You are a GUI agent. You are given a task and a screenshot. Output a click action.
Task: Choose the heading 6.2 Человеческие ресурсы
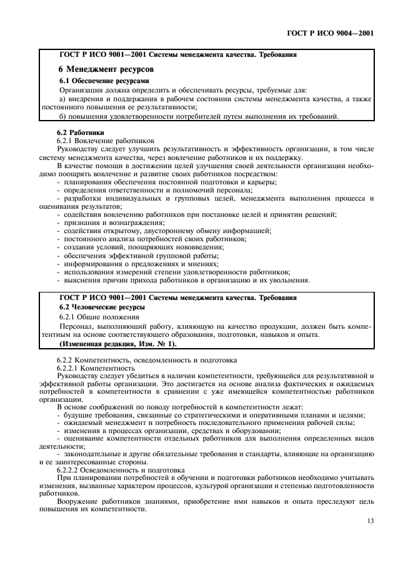[x=102, y=307]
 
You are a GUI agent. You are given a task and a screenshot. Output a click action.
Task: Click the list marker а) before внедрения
[x=62, y=99]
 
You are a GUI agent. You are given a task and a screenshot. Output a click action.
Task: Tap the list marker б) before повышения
[x=62, y=116]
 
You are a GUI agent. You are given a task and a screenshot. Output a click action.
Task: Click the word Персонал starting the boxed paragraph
[x=77, y=326]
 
